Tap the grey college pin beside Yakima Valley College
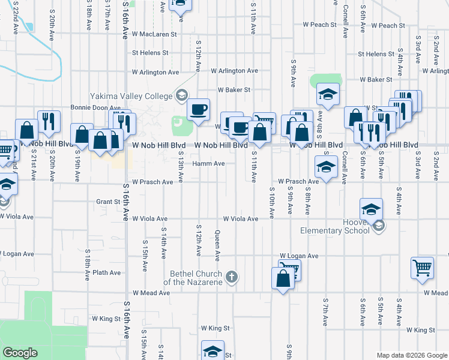[x=181, y=95]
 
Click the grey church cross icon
[x=232, y=277]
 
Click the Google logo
[x=20, y=353]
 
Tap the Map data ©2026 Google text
[x=411, y=355]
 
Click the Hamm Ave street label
[x=208, y=163]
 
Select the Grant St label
[x=108, y=202]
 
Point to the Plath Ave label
[x=107, y=272]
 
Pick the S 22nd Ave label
[x=14, y=17]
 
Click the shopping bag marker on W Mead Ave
[x=282, y=278]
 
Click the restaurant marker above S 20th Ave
[x=48, y=121]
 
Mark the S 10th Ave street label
[x=272, y=204]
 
